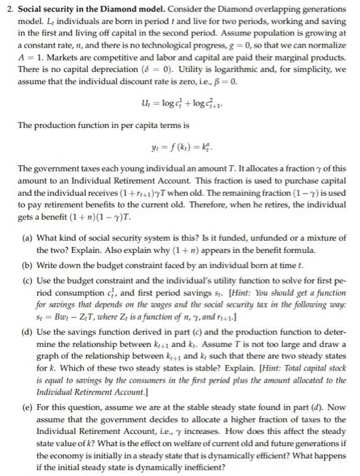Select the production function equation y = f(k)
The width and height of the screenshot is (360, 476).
(x=180, y=132)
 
